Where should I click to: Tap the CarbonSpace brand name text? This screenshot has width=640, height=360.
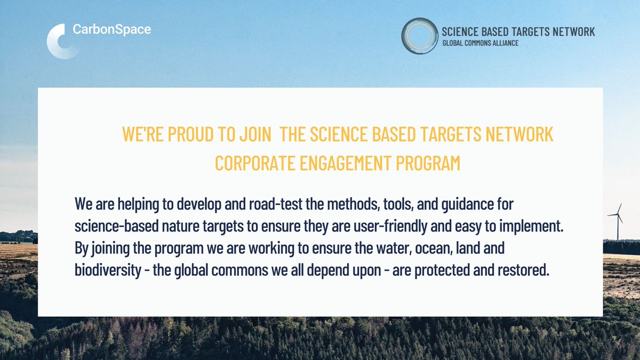click(111, 29)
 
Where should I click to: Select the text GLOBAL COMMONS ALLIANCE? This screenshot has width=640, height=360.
click(480, 43)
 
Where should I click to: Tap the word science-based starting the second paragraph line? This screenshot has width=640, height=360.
click(113, 226)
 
